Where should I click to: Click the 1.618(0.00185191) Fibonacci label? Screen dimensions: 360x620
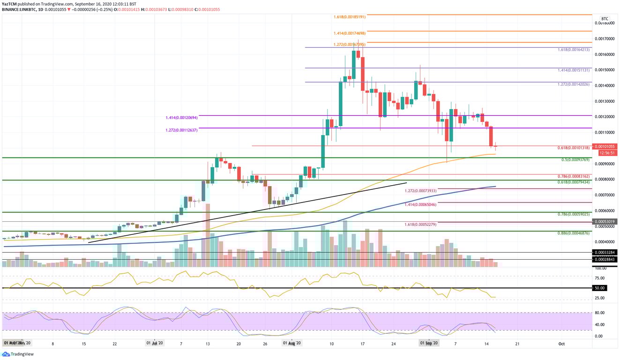click(x=346, y=16)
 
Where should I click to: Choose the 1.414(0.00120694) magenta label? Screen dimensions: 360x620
click(x=182, y=118)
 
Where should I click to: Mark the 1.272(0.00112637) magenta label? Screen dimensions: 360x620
click(x=182, y=130)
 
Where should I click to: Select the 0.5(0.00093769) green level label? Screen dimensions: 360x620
click(x=575, y=159)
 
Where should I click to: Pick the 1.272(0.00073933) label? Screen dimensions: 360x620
click(x=420, y=191)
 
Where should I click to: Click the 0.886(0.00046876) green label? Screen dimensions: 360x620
click(x=574, y=232)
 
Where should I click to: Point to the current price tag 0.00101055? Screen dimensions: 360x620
click(x=605, y=146)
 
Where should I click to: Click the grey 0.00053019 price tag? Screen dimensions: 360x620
click(x=605, y=221)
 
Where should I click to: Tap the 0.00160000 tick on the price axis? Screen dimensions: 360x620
click(x=605, y=54)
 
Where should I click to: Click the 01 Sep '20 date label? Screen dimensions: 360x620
click(x=429, y=343)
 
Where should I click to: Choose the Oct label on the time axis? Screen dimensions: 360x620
click(x=561, y=343)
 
